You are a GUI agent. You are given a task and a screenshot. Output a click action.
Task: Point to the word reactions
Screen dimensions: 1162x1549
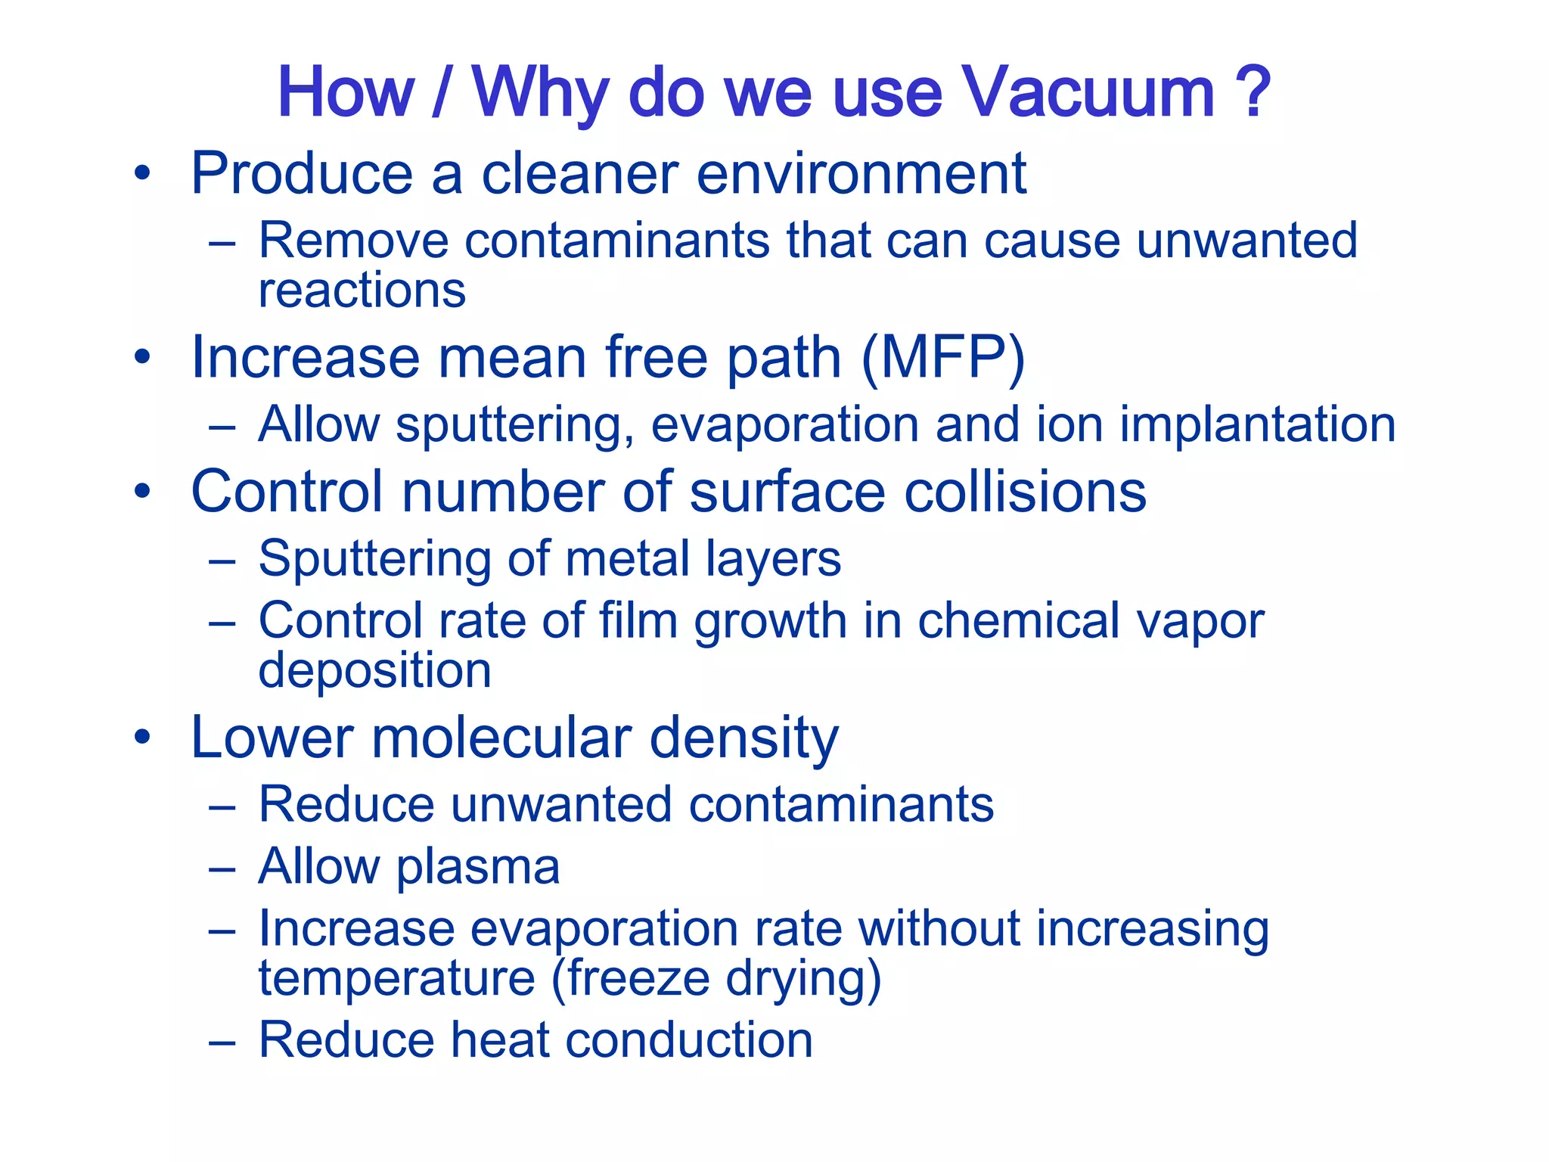362,291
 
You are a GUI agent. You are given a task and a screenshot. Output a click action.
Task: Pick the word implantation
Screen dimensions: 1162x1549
1257,424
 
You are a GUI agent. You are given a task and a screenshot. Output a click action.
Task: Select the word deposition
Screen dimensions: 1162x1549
374,671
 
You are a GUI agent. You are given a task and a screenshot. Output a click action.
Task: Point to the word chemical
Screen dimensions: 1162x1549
1017,622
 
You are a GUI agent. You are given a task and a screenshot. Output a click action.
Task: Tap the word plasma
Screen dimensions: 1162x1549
477,867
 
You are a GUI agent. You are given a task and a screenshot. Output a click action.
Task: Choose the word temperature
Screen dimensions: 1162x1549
397,978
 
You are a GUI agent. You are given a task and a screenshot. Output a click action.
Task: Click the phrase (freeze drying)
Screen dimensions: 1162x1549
716,980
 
